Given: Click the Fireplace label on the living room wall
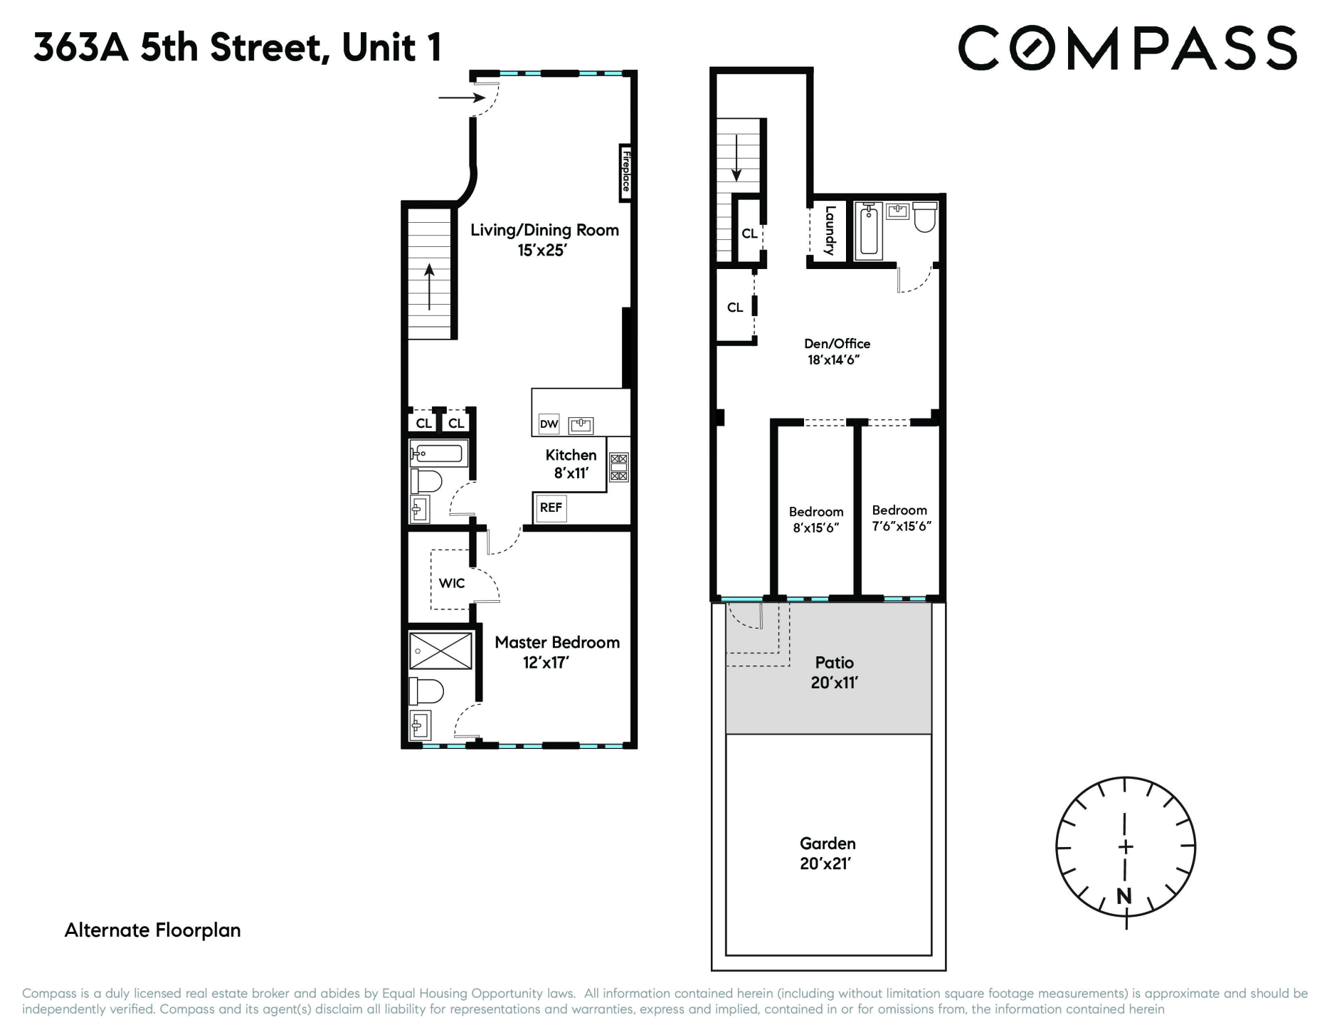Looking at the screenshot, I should pos(625,172).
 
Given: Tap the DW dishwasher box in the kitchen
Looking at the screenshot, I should pos(549,424).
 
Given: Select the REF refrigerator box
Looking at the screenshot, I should pos(551,508).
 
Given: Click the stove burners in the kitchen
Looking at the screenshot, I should pos(618,468).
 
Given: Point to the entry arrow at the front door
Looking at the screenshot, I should pos(461,98).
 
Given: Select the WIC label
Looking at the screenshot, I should pos(452,584).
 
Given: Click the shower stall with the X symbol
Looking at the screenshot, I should pos(440,651).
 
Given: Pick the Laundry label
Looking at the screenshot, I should pos(829,231).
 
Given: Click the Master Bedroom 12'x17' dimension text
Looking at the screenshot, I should pos(546,663).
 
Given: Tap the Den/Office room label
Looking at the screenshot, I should pos(837,344).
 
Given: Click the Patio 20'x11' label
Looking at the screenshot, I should pos(834,672).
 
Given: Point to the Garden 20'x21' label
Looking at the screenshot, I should pos(827,853).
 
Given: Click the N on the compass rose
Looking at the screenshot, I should pos(1124,896).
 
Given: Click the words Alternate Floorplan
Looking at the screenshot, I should pos(153,930).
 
